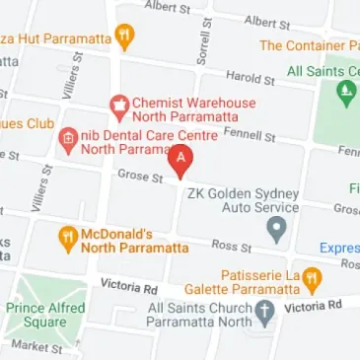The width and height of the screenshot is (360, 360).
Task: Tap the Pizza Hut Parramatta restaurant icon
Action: (x=124, y=37)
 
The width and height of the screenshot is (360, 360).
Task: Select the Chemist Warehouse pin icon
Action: (x=118, y=105)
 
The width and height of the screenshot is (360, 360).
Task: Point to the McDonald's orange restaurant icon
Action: (x=67, y=237)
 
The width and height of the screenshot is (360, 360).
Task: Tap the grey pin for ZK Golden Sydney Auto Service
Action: (x=277, y=231)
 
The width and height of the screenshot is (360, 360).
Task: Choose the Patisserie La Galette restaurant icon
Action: (x=312, y=279)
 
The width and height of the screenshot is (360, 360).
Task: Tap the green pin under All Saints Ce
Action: (x=345, y=94)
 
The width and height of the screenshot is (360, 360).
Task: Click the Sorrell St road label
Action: (x=204, y=42)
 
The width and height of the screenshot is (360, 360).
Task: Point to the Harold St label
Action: (x=250, y=77)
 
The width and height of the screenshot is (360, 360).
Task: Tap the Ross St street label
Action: (x=233, y=246)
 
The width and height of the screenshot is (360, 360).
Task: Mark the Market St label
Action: (x=37, y=347)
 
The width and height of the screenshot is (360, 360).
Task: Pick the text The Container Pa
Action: (x=309, y=46)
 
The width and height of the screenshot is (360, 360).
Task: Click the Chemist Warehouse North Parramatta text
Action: (x=185, y=109)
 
